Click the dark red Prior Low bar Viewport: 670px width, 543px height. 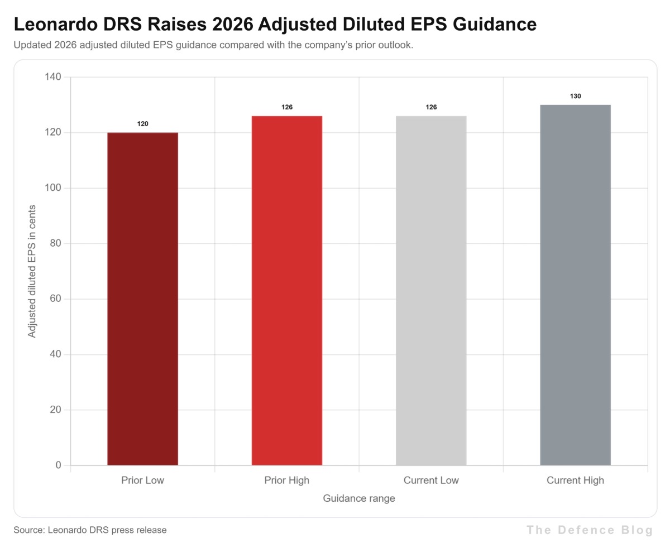pos(142,299)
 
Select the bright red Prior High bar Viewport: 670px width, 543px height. pos(287,291)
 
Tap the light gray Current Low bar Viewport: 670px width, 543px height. pos(431,291)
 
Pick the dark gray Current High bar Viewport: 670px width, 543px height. pos(575,285)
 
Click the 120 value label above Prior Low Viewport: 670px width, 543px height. pos(142,124)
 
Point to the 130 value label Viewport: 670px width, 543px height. pos(575,96)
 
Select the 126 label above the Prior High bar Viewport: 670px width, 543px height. pos(287,107)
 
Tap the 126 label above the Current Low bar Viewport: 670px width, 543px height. pos(431,107)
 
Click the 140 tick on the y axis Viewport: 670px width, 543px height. pos(53,76)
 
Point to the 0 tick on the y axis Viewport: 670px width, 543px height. pos(58,465)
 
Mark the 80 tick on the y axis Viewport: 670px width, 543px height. pos(55,243)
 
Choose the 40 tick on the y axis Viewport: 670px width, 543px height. pos(55,354)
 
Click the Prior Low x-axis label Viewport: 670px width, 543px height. pos(142,480)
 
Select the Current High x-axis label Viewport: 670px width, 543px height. pos(575,480)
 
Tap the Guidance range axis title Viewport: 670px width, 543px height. pos(359,499)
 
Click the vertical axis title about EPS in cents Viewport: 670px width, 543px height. pos(32,271)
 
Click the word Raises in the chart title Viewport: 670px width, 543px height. pos(177,24)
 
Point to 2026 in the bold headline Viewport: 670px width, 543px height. pos(232,24)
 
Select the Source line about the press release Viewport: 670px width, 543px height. pos(90,530)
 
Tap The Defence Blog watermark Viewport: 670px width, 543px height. pos(590,530)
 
